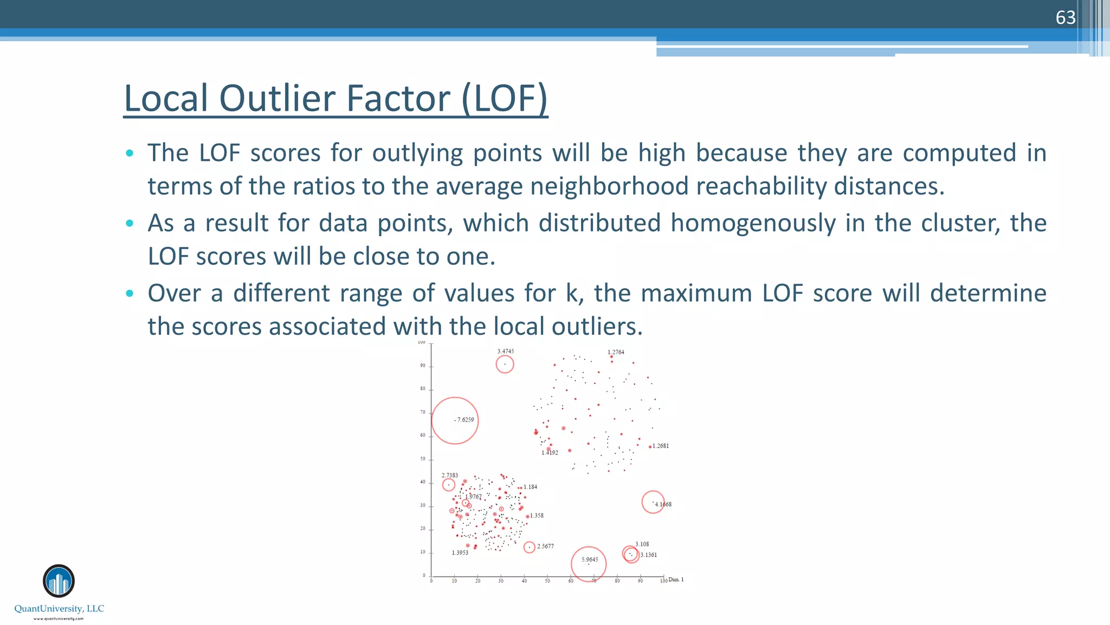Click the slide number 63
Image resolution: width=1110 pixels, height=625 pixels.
tap(1065, 18)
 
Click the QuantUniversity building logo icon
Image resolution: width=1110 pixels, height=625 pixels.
tap(59, 581)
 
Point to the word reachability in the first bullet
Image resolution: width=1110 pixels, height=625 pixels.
tap(761, 186)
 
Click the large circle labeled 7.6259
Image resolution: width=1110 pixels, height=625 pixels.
tap(455, 420)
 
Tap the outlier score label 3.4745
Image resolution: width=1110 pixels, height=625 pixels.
tap(506, 352)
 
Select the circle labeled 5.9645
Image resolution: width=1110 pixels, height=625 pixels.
tap(589, 564)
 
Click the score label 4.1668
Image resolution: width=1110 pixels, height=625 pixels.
tap(663, 505)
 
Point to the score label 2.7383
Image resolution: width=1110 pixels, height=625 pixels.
tap(450, 475)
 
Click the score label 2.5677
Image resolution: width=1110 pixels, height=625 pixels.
tap(546, 546)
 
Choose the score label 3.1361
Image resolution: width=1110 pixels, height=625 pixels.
tap(649, 555)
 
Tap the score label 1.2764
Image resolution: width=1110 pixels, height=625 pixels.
tap(616, 352)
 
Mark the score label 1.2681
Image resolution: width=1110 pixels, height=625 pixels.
tap(661, 446)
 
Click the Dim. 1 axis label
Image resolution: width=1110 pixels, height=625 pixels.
tap(676, 579)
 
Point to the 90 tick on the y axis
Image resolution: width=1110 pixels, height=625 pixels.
tap(423, 366)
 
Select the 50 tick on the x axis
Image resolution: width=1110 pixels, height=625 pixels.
tap(547, 581)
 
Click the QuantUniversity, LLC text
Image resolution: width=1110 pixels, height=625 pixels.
tap(59, 609)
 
